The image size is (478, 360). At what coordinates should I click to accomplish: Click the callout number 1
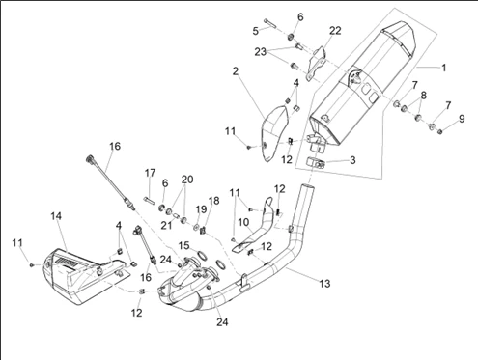(443, 68)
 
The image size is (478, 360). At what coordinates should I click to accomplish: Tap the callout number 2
(236, 71)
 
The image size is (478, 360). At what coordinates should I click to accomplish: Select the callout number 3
(352, 160)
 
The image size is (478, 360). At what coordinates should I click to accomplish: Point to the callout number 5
(256, 31)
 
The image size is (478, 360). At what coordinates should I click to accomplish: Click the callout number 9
(462, 119)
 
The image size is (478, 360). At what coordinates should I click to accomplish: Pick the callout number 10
(244, 222)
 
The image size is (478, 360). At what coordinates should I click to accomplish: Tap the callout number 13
(324, 284)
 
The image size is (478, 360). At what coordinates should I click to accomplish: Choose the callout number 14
(56, 216)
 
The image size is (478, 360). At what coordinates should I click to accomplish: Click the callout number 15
(183, 246)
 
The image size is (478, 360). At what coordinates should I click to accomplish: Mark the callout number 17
(150, 173)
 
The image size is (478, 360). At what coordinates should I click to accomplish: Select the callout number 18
(213, 201)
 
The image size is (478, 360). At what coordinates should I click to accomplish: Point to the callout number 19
(201, 209)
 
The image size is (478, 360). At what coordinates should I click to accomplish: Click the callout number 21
(166, 225)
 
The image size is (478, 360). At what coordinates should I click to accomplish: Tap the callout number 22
(335, 31)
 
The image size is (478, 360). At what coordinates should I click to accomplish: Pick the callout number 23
(261, 51)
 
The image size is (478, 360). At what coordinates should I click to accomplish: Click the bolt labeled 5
(269, 23)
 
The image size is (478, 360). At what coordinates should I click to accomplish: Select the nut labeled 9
(440, 131)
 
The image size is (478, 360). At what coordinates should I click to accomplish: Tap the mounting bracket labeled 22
(316, 64)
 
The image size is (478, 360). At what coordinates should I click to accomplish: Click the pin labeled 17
(150, 200)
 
